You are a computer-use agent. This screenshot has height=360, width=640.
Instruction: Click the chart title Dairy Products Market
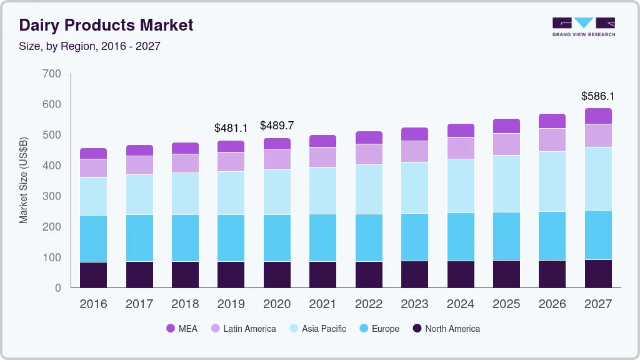coord(106,26)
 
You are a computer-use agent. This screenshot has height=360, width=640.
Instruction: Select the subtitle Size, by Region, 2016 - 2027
coord(89,46)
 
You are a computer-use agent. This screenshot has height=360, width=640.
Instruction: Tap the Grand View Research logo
coord(583,27)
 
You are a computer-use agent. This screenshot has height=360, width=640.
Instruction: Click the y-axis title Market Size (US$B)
coord(24,181)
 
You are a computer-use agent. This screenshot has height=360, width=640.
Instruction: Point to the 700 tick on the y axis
coord(52,74)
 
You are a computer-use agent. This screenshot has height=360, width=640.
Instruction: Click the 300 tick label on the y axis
coord(52,196)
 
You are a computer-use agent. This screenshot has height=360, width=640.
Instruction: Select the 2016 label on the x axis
coord(93,304)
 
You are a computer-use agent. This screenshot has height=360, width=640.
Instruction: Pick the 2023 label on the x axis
coord(415,304)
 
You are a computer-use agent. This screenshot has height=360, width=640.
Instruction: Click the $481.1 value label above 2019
coord(231,128)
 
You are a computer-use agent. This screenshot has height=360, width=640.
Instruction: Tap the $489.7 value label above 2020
coord(277,126)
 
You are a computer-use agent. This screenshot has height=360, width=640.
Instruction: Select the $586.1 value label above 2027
coord(598,96)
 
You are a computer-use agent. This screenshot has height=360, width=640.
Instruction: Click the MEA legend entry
coord(182,329)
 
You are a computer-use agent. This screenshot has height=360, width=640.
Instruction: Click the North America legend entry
coord(445,329)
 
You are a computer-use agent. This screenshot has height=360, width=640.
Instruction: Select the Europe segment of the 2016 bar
coord(93,239)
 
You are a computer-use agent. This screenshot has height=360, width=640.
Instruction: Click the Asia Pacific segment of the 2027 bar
coord(598,179)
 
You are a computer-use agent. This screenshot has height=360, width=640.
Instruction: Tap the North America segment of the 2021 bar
coord(322,274)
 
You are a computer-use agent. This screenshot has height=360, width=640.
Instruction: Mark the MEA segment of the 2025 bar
coord(506,126)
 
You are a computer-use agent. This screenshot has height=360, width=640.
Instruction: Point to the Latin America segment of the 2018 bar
coord(185,163)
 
